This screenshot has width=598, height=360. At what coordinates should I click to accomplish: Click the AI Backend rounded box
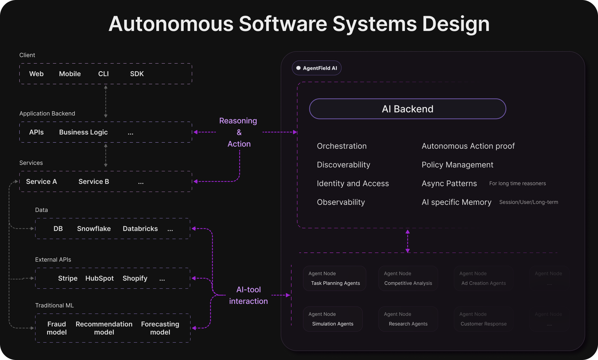coord(407,109)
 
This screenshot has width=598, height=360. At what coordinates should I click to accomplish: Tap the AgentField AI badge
coord(317,68)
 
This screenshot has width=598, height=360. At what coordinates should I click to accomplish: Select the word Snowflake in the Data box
coord(94,229)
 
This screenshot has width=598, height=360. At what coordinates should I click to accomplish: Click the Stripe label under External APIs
coord(68,278)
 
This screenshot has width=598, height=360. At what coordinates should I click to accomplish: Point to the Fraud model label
coord(57,328)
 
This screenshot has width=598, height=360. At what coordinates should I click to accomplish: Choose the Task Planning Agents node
coord(334,279)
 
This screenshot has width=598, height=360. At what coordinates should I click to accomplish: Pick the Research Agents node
coord(408,319)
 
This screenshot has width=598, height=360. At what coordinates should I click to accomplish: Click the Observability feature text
coord(341,202)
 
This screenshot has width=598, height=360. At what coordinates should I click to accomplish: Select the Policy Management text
coord(457,165)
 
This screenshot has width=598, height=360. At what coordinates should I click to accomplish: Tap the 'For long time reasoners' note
coord(517,184)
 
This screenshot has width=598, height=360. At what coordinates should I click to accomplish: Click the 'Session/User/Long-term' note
coord(528,202)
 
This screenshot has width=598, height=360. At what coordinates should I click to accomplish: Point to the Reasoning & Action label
coord(239,132)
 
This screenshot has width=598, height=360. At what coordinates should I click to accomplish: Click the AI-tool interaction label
coord(248,295)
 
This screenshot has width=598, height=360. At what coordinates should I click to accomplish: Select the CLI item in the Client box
coord(103,74)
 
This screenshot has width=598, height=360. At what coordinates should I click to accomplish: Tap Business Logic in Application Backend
coord(83,132)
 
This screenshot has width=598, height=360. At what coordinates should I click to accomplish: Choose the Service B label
coord(94,182)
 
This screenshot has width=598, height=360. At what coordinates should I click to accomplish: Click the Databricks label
coord(140,229)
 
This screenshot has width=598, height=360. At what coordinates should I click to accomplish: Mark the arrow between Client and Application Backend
coord(106,101)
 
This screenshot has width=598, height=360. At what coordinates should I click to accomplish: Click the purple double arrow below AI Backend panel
coord(407,241)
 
